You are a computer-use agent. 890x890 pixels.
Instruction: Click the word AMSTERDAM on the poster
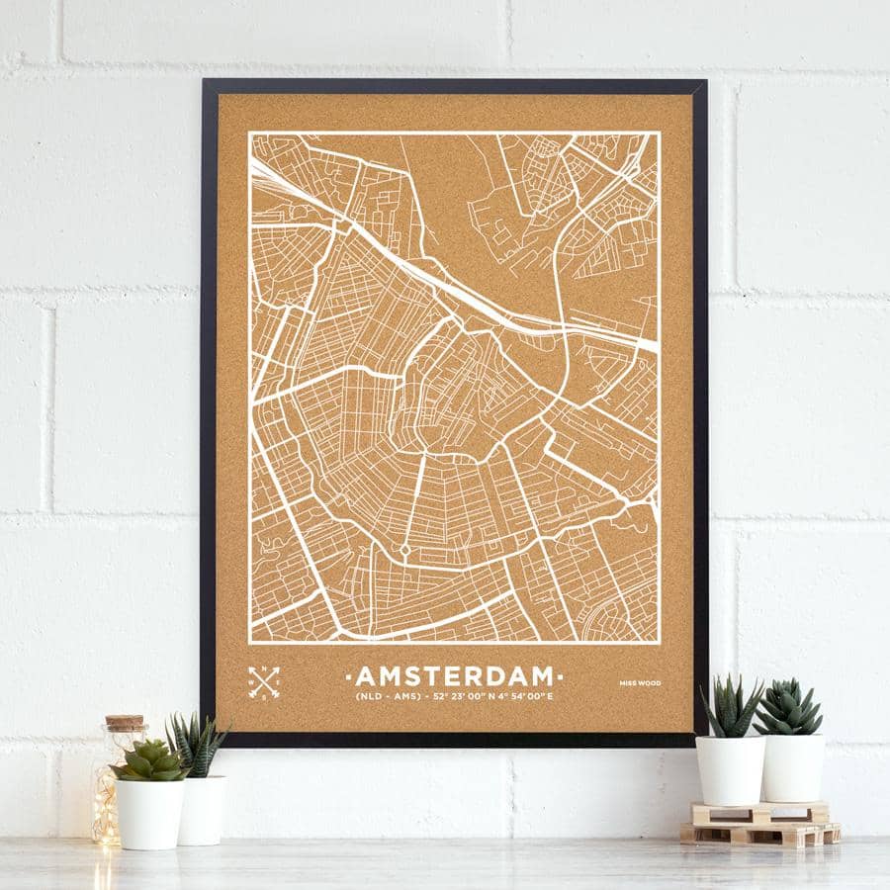(x=454, y=676)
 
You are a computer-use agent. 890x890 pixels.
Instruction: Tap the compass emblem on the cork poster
(x=263, y=681)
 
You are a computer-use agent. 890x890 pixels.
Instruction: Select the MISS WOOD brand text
(x=640, y=683)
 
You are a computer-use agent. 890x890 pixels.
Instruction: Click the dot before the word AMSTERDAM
(x=347, y=677)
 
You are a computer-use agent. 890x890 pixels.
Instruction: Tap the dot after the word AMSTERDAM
(x=561, y=677)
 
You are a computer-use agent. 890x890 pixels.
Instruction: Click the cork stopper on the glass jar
(x=125, y=723)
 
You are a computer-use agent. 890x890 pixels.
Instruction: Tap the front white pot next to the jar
(x=149, y=813)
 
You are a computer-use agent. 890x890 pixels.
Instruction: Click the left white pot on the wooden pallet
(x=730, y=769)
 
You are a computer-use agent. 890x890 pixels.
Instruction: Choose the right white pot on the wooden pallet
(x=792, y=766)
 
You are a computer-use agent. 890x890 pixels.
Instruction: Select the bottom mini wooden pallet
(x=759, y=834)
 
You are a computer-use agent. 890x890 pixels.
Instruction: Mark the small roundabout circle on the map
(x=404, y=549)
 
